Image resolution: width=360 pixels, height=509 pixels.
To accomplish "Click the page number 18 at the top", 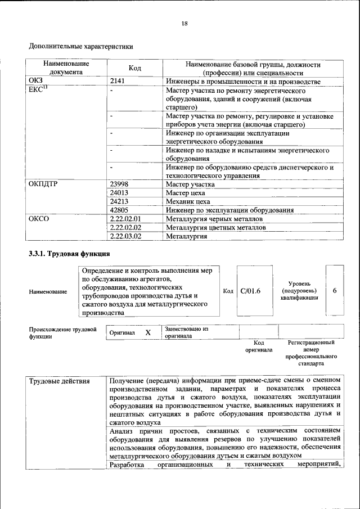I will [x=184, y=23].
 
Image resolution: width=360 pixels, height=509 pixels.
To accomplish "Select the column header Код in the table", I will [x=134, y=68].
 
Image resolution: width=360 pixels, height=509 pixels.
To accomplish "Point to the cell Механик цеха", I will [x=188, y=201].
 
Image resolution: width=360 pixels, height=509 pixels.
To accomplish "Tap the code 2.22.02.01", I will [x=125, y=218].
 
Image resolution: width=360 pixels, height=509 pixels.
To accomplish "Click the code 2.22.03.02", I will [x=125, y=236].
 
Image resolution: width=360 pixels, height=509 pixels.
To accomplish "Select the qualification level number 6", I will [x=335, y=291].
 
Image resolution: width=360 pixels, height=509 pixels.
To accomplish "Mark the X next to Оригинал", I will [x=148, y=332].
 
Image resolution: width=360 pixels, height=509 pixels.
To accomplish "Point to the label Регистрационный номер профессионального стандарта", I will [x=311, y=353].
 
